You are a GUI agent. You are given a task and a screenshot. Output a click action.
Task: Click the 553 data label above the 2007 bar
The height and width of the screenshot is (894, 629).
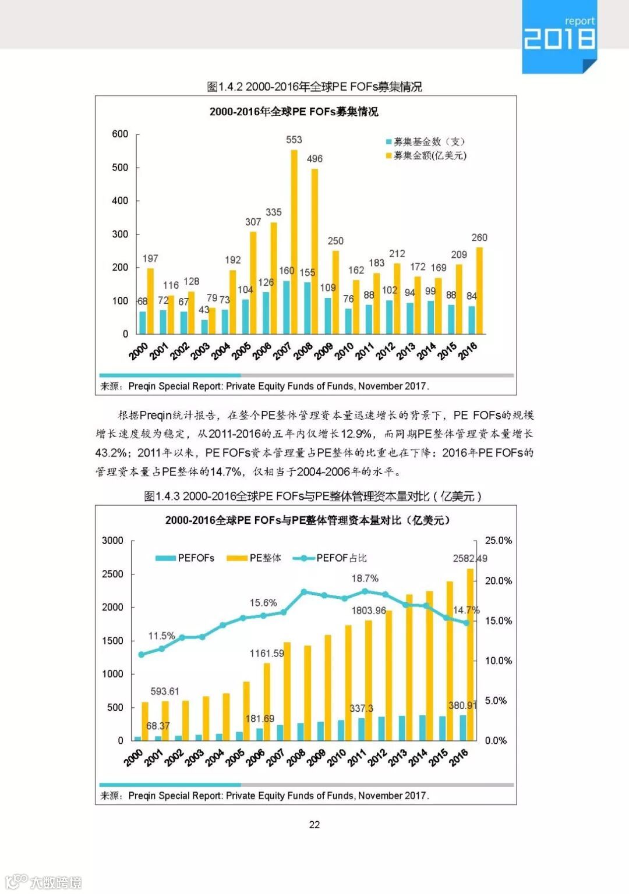[294, 140]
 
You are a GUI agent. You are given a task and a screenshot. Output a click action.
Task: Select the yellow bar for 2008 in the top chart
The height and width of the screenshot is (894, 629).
[314, 250]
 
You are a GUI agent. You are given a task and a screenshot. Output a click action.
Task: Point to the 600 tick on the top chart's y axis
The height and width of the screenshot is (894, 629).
[120, 134]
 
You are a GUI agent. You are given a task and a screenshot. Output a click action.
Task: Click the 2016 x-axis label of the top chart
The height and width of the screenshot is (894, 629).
[468, 350]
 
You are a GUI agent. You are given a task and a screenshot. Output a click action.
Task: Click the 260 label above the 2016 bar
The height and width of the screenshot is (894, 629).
[479, 237]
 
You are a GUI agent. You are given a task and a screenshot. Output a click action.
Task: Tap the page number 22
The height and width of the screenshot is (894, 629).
[314, 825]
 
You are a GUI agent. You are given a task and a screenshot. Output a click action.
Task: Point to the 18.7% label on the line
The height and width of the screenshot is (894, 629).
[365, 579]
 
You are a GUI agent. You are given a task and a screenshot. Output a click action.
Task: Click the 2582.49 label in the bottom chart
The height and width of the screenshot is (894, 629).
[470, 559]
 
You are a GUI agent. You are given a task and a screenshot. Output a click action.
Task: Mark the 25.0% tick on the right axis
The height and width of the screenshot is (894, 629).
[499, 541]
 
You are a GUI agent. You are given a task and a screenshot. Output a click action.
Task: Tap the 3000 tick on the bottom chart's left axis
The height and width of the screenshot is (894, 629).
[113, 541]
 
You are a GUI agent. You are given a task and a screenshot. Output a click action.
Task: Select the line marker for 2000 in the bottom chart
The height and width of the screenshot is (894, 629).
[141, 655]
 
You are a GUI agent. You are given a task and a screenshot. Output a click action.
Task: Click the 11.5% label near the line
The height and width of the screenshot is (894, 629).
[161, 636]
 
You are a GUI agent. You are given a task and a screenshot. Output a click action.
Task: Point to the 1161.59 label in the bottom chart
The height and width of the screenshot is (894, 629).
[267, 654]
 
